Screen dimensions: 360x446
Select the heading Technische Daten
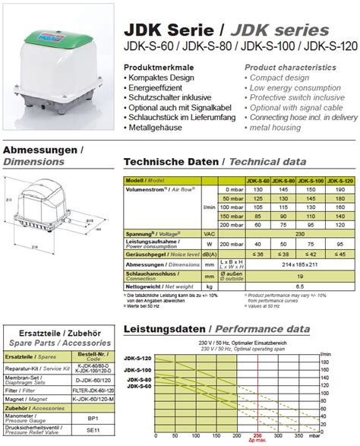[171, 162]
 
